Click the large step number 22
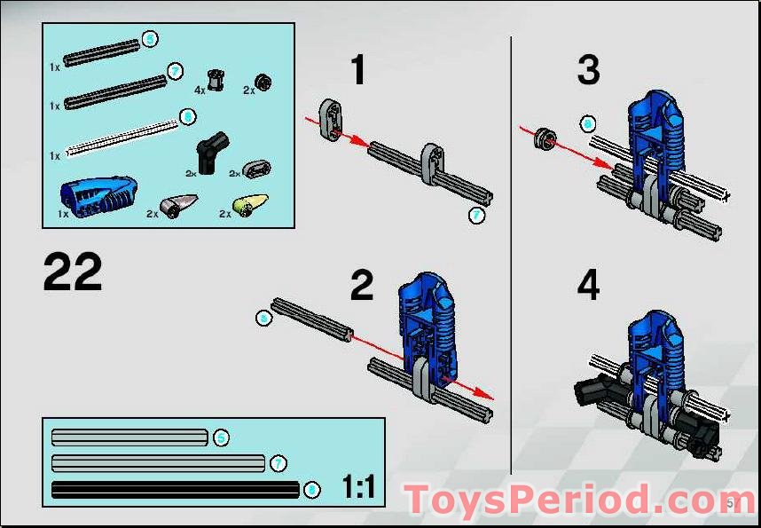point(73,272)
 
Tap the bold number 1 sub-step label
point(357,70)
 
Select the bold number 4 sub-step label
point(588,286)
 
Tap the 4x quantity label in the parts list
point(200,90)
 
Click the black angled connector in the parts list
point(212,147)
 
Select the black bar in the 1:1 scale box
point(176,490)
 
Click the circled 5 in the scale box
point(221,437)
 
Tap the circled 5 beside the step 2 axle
point(263,317)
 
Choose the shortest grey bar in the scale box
point(129,437)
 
